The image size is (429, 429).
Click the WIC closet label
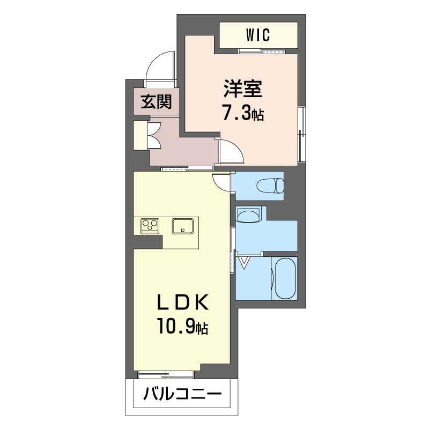click(258, 35)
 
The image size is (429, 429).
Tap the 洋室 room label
click(243, 88)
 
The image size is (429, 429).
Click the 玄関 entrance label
click(156, 101)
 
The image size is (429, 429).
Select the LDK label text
click(182, 302)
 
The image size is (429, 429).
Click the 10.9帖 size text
click(182, 326)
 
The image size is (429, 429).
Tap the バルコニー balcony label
click(182, 394)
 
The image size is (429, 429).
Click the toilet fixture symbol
click(270, 186)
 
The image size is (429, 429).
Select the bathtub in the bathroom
click(285, 278)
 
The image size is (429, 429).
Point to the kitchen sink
click(183, 226)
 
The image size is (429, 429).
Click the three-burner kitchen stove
click(150, 226)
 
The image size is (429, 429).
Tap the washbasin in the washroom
click(249, 215)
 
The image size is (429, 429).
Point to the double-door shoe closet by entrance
click(154, 135)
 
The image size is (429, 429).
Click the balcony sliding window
click(166, 374)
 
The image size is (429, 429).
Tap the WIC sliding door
click(262, 51)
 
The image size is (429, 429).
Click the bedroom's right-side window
click(302, 134)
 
